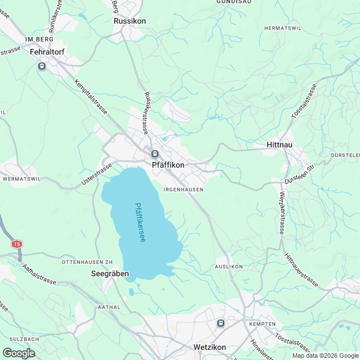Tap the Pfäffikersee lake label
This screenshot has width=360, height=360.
click(x=139, y=223)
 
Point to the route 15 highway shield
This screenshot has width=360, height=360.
click(x=17, y=244)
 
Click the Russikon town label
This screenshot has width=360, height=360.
click(x=129, y=21)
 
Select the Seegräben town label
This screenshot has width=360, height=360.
click(x=110, y=274)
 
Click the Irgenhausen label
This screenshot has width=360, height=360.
click(x=183, y=190)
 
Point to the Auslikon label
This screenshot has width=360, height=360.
click(x=228, y=266)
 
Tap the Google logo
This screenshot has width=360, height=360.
click(x=19, y=353)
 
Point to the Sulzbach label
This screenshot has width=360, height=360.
click(x=24, y=339)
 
